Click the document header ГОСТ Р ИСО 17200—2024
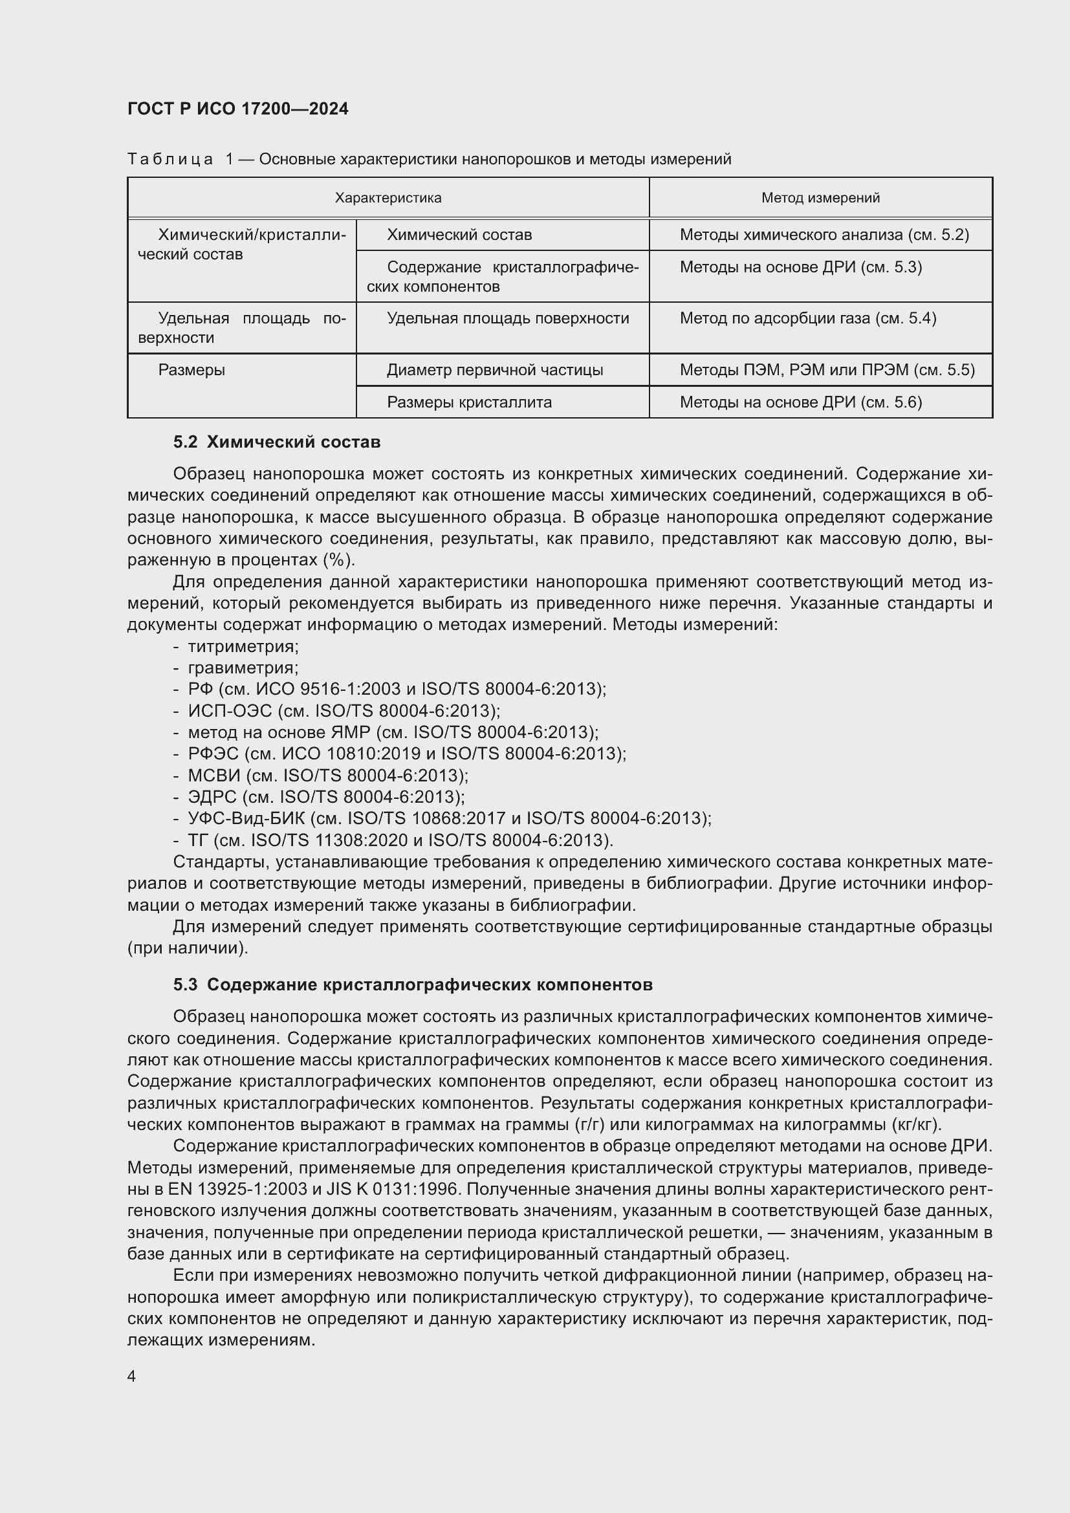pos(238,109)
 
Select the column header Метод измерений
pos(820,198)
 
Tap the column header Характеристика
pos(388,198)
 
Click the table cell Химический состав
pos(459,235)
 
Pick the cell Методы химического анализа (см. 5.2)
pos(824,235)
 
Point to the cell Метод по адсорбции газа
pos(808,318)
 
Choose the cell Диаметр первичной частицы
pos(495,370)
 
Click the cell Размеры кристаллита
pos(469,402)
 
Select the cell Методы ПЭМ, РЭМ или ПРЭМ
pos(827,370)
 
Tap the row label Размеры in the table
pos(191,370)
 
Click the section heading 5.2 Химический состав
pos(277,442)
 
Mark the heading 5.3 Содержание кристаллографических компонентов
pos(413,985)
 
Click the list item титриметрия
pos(243,646)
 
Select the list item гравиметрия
pos(243,668)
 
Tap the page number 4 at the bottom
pos(132,1377)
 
